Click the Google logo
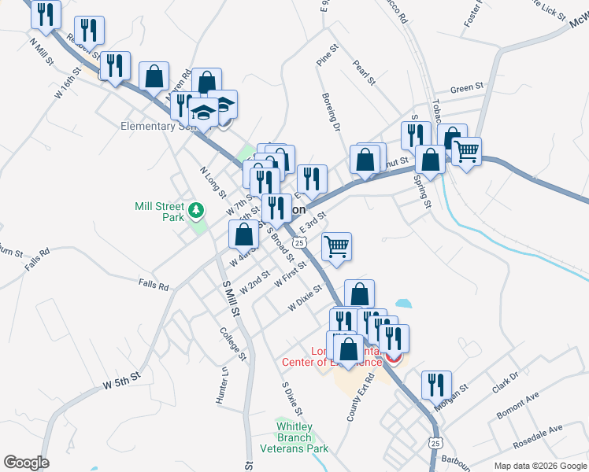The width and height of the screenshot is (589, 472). pos(26,463)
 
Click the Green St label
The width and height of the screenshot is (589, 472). pos(466,89)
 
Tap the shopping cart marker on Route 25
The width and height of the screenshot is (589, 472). pos(337,246)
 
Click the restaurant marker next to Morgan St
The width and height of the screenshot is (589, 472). pos(436,385)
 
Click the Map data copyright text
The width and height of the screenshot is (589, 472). pos(539,466)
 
